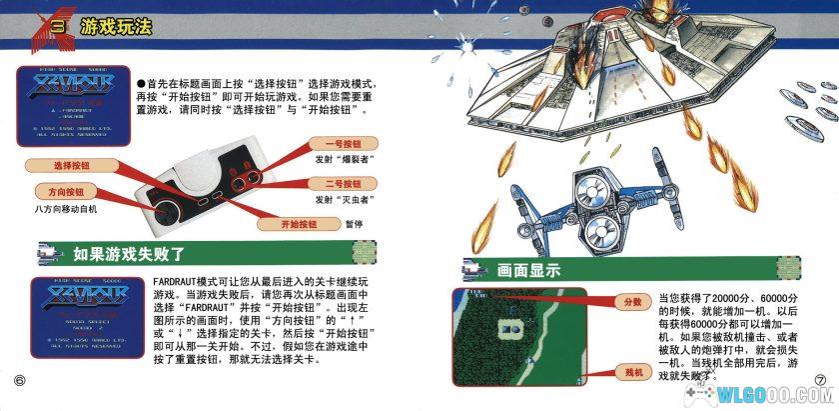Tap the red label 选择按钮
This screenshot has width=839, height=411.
tap(72, 165)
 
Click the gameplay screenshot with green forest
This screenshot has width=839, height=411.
tap(518, 335)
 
